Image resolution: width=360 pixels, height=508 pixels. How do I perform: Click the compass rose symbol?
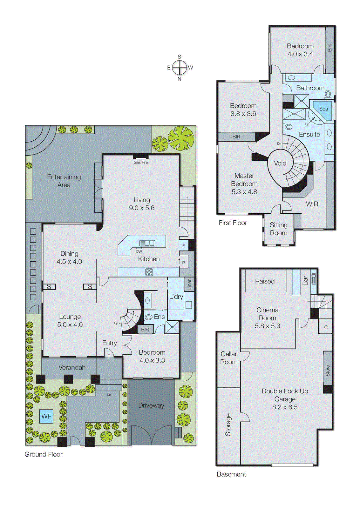pos(180,67)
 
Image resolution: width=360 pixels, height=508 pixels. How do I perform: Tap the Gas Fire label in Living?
pos(141,162)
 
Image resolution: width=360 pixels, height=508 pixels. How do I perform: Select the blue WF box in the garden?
pos(46,416)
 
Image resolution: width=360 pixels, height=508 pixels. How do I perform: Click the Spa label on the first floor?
pos(323,109)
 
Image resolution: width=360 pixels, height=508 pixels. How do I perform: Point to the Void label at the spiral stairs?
pos(280,163)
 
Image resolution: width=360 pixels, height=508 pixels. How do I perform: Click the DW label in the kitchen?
pos(139,251)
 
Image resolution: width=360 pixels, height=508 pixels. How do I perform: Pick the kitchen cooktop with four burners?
pos(149,272)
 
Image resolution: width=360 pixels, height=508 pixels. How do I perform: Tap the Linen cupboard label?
pos(189,284)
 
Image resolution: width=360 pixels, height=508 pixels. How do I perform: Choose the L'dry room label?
pos(176,297)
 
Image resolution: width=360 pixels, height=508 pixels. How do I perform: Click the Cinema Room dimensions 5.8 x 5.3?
pos(267,326)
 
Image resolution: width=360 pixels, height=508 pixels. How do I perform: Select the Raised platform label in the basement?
pos(265,281)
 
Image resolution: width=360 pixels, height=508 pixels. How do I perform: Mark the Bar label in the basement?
pos(305,280)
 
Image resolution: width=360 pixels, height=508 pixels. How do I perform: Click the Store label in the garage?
pos(328,371)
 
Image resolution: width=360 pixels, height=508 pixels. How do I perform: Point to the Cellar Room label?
pos(229,358)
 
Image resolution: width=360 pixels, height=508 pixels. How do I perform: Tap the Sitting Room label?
pos(278,229)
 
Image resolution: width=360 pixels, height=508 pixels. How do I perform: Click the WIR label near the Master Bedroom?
pos(312,204)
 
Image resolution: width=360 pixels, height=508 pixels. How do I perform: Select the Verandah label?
pos(72,367)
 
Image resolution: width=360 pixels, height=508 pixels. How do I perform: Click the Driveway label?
pos(151,405)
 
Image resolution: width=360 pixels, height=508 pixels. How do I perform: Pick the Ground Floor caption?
pos(44,454)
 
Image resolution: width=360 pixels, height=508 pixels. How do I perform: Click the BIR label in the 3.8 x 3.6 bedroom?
pos(236,137)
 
